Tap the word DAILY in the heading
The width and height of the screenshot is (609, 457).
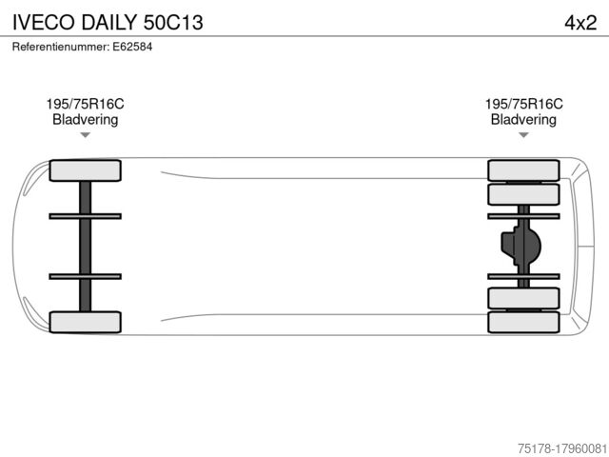coord(109,22)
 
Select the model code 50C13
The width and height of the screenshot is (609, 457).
coord(173,22)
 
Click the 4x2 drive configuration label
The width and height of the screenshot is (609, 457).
coord(580,23)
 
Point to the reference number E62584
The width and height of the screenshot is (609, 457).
coord(132,47)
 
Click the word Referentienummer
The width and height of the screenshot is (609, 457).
coord(61,47)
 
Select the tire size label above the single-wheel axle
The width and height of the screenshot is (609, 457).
coord(85,104)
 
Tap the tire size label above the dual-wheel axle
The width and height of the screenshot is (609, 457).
coord(523,104)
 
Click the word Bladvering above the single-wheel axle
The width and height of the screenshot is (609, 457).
coord(85,119)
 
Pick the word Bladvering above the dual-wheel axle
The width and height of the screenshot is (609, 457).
coord(523,119)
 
